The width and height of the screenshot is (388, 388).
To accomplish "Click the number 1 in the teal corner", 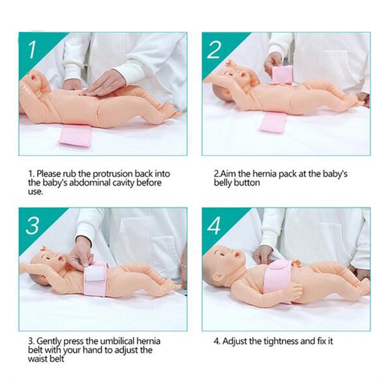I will tap(32, 49).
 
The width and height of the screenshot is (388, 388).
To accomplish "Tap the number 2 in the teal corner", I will tap(214, 49).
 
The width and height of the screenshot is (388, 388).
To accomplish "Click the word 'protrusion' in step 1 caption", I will tap(98, 173).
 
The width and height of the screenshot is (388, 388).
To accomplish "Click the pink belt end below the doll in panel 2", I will tap(273, 121).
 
